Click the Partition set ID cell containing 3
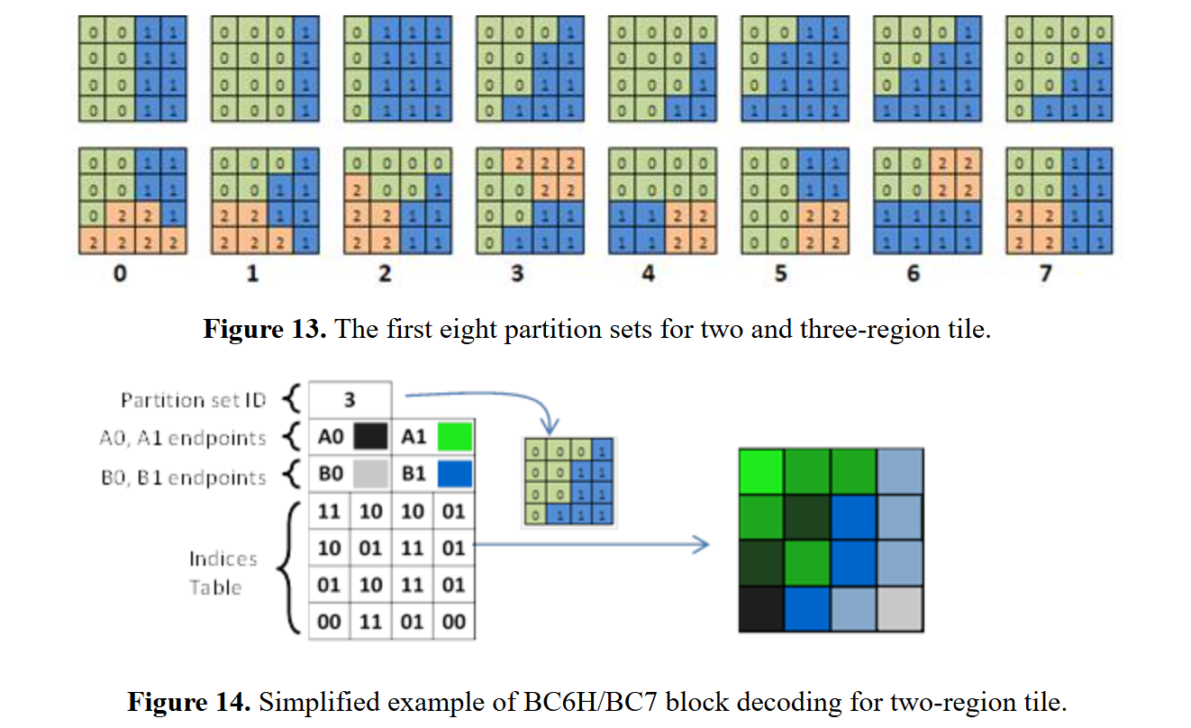point(350,400)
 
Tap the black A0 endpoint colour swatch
point(370,438)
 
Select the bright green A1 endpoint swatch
point(454,438)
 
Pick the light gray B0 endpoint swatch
point(370,474)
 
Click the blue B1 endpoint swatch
point(454,474)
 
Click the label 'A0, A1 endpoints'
point(183,439)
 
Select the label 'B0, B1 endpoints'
point(183,477)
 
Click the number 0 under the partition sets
point(121,273)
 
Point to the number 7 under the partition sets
point(1045,273)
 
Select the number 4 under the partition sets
point(649,273)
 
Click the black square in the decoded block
point(760,607)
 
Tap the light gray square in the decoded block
point(899,607)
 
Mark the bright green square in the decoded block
point(760,471)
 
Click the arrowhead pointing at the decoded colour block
point(702,543)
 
